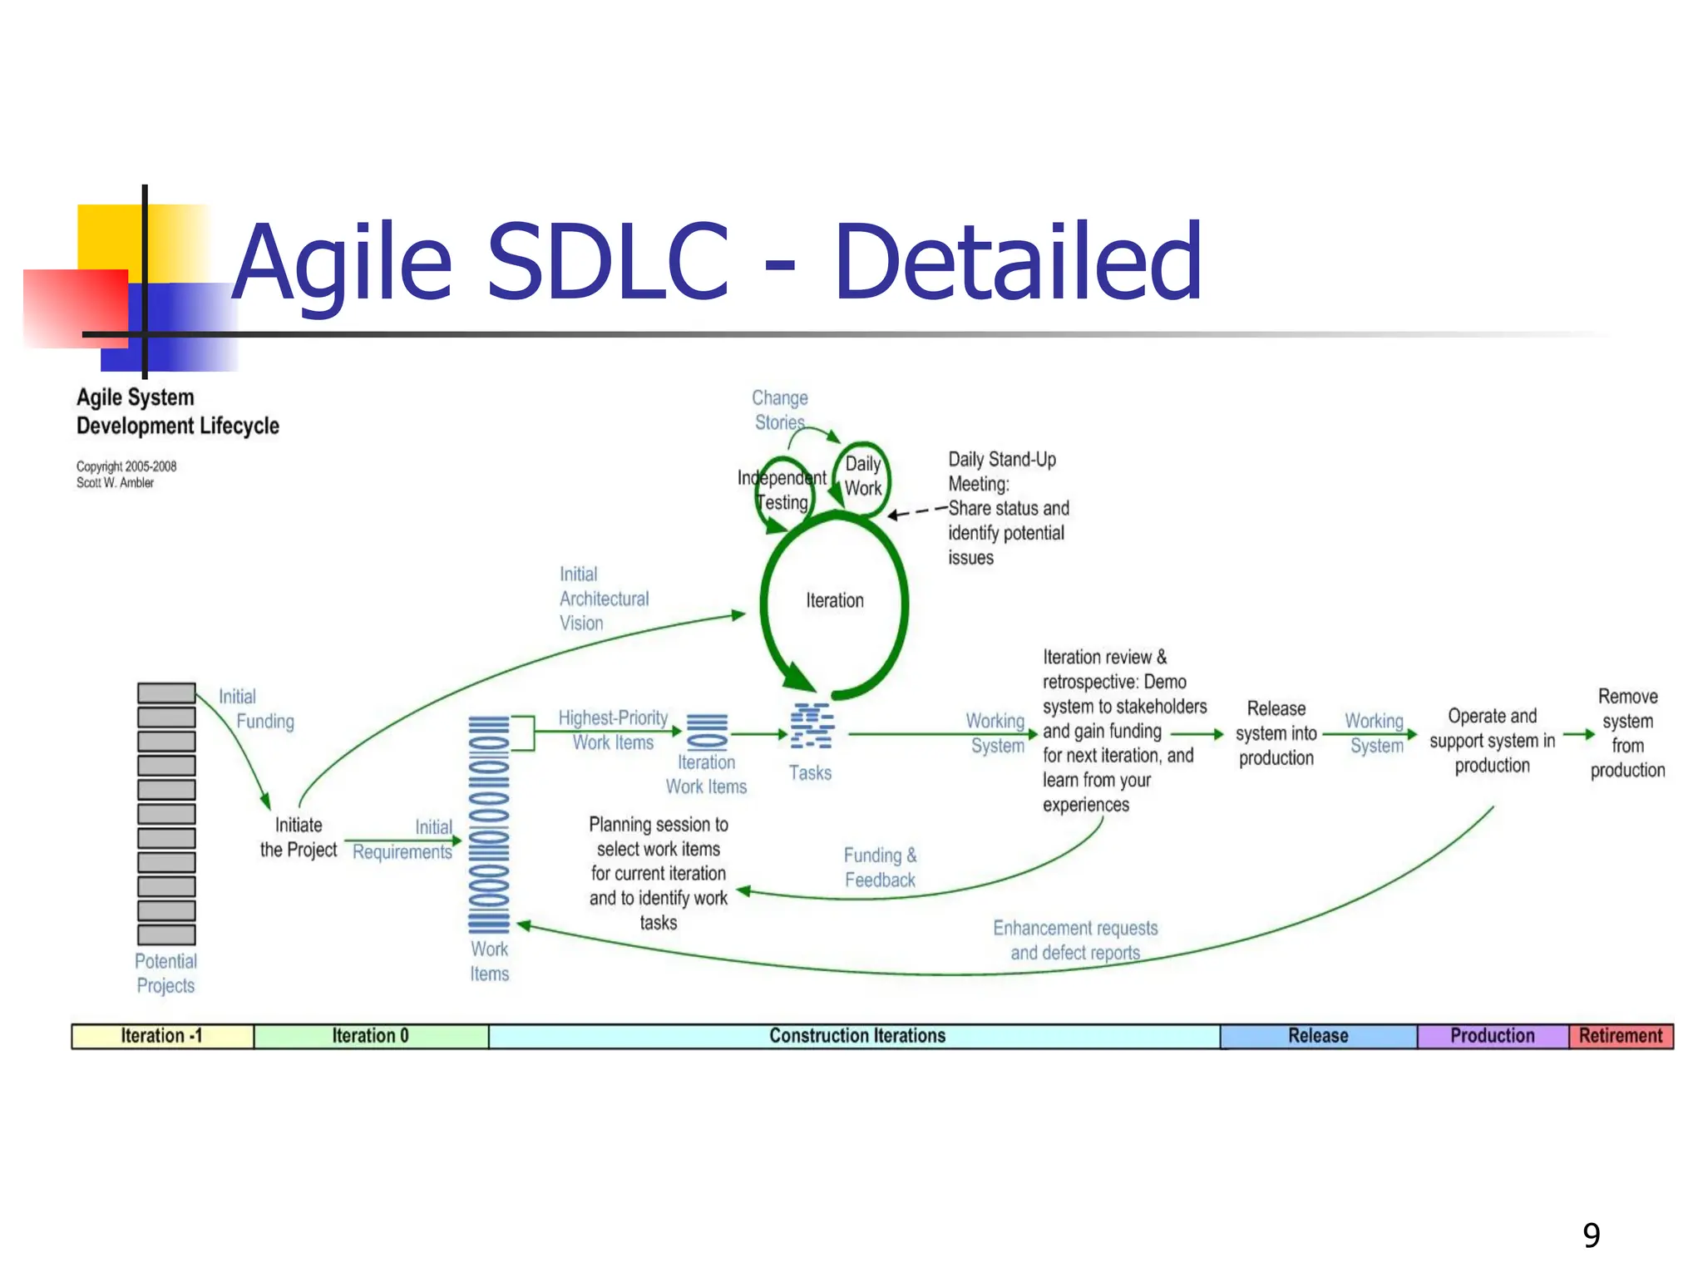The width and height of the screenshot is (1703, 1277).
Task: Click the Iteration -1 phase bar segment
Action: pyautogui.click(x=162, y=1036)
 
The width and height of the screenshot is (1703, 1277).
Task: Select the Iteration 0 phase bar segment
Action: pyautogui.click(x=371, y=1036)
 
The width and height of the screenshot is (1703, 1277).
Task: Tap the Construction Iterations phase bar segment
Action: pyautogui.click(x=856, y=1036)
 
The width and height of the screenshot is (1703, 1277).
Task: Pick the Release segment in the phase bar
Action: pyautogui.click(x=1318, y=1036)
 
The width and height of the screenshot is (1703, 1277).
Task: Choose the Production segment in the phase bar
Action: pyautogui.click(x=1493, y=1036)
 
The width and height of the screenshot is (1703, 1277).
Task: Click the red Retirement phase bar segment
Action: pyautogui.click(x=1621, y=1036)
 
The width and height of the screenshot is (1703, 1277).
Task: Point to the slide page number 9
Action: pyautogui.click(x=1592, y=1235)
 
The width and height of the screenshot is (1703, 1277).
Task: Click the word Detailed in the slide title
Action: pyautogui.click(x=1018, y=261)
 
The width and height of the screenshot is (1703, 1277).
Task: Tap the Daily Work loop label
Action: pyautogui.click(x=863, y=476)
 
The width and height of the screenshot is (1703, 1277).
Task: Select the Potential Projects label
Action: pyautogui.click(x=166, y=974)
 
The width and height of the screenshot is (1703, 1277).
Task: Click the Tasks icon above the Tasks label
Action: pyautogui.click(x=811, y=726)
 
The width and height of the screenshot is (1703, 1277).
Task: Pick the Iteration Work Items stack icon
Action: pyautogui.click(x=707, y=732)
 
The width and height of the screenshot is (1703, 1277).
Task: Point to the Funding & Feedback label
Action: pyautogui.click(x=880, y=867)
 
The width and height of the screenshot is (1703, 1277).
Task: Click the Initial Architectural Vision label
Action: pyautogui.click(x=604, y=599)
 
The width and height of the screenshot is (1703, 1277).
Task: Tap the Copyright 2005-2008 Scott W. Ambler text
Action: pyautogui.click(x=126, y=474)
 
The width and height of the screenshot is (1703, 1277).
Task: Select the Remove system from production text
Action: pyautogui.click(x=1627, y=733)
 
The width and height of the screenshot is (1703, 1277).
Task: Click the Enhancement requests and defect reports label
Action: pyautogui.click(x=1075, y=940)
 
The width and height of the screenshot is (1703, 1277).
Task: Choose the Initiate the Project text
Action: pyautogui.click(x=299, y=837)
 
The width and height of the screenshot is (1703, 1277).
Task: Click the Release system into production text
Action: pyautogui.click(x=1276, y=733)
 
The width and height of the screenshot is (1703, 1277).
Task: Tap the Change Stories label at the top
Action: pyautogui.click(x=780, y=410)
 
